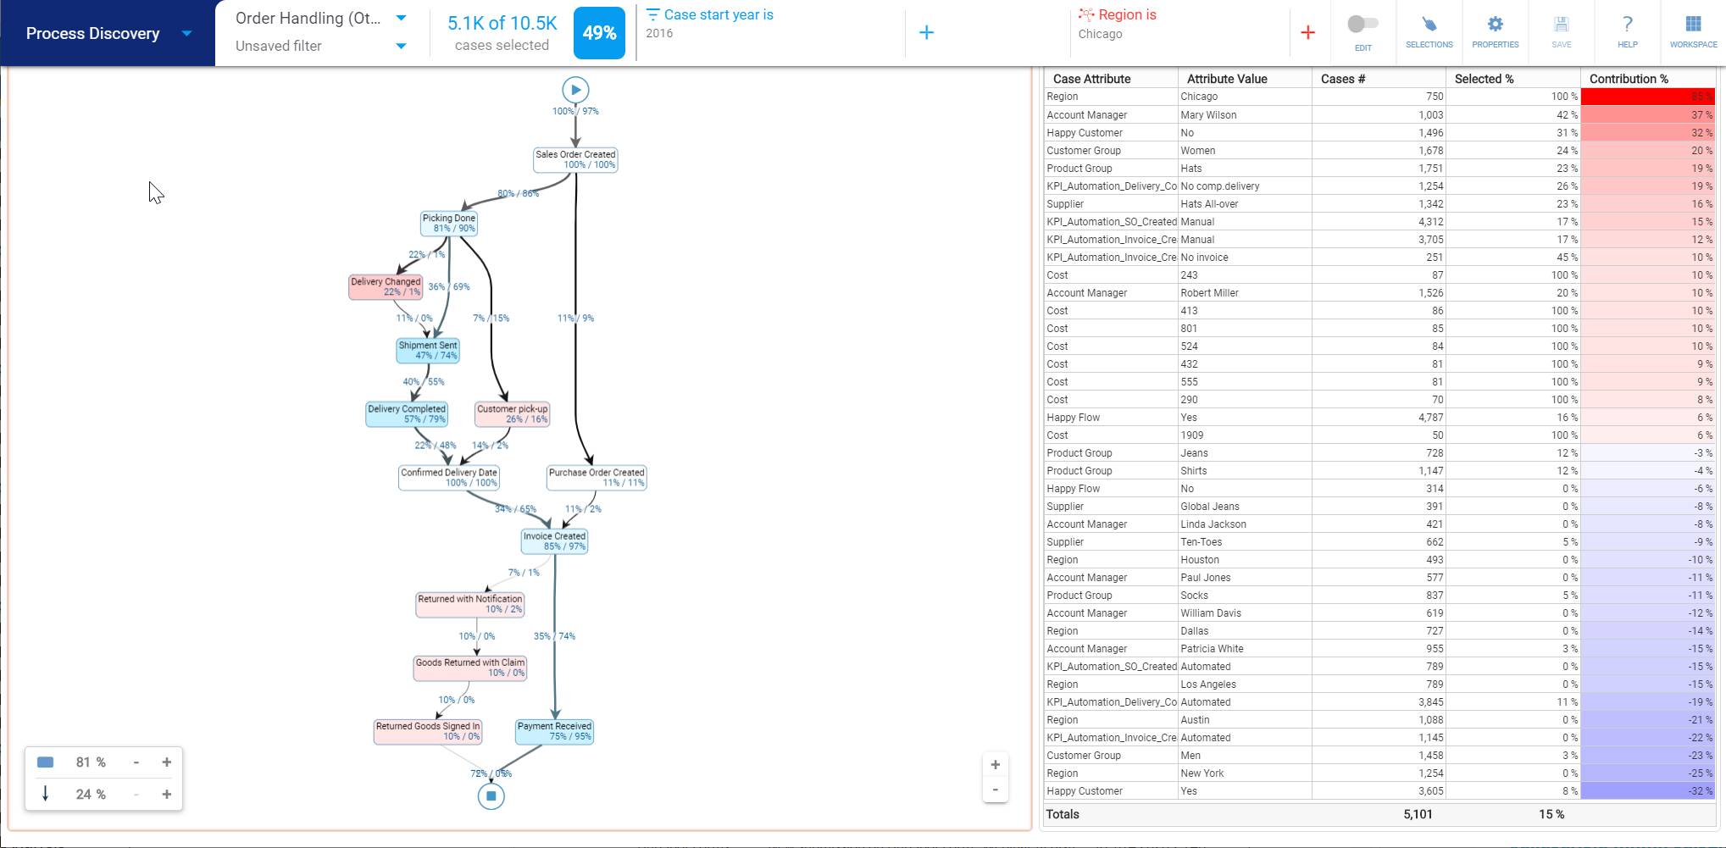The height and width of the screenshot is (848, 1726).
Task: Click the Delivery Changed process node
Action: point(386,287)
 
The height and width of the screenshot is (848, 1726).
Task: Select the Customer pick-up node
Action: point(512,414)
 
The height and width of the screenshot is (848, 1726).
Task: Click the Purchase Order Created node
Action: point(597,478)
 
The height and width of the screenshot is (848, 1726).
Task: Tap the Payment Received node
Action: point(554,732)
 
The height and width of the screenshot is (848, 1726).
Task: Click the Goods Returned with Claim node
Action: point(470,668)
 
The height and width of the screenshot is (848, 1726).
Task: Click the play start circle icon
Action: point(575,90)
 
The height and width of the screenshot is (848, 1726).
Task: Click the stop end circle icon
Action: point(491,796)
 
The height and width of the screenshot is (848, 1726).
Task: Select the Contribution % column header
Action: point(1628,79)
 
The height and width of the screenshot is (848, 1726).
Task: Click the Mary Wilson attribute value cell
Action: point(1208,115)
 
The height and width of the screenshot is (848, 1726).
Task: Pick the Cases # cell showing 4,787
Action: point(1430,418)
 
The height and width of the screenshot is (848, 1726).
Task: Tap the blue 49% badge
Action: point(599,33)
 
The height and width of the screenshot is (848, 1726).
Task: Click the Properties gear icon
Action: point(1495,25)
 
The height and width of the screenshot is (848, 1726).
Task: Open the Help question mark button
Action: point(1627,25)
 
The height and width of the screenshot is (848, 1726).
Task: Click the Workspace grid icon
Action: point(1693,25)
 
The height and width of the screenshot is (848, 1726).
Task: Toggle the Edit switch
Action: point(1362,25)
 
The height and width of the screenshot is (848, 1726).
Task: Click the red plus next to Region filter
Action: point(1307,33)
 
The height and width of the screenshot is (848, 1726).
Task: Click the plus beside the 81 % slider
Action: point(167,762)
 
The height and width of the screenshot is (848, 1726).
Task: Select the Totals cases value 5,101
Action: point(1418,814)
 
